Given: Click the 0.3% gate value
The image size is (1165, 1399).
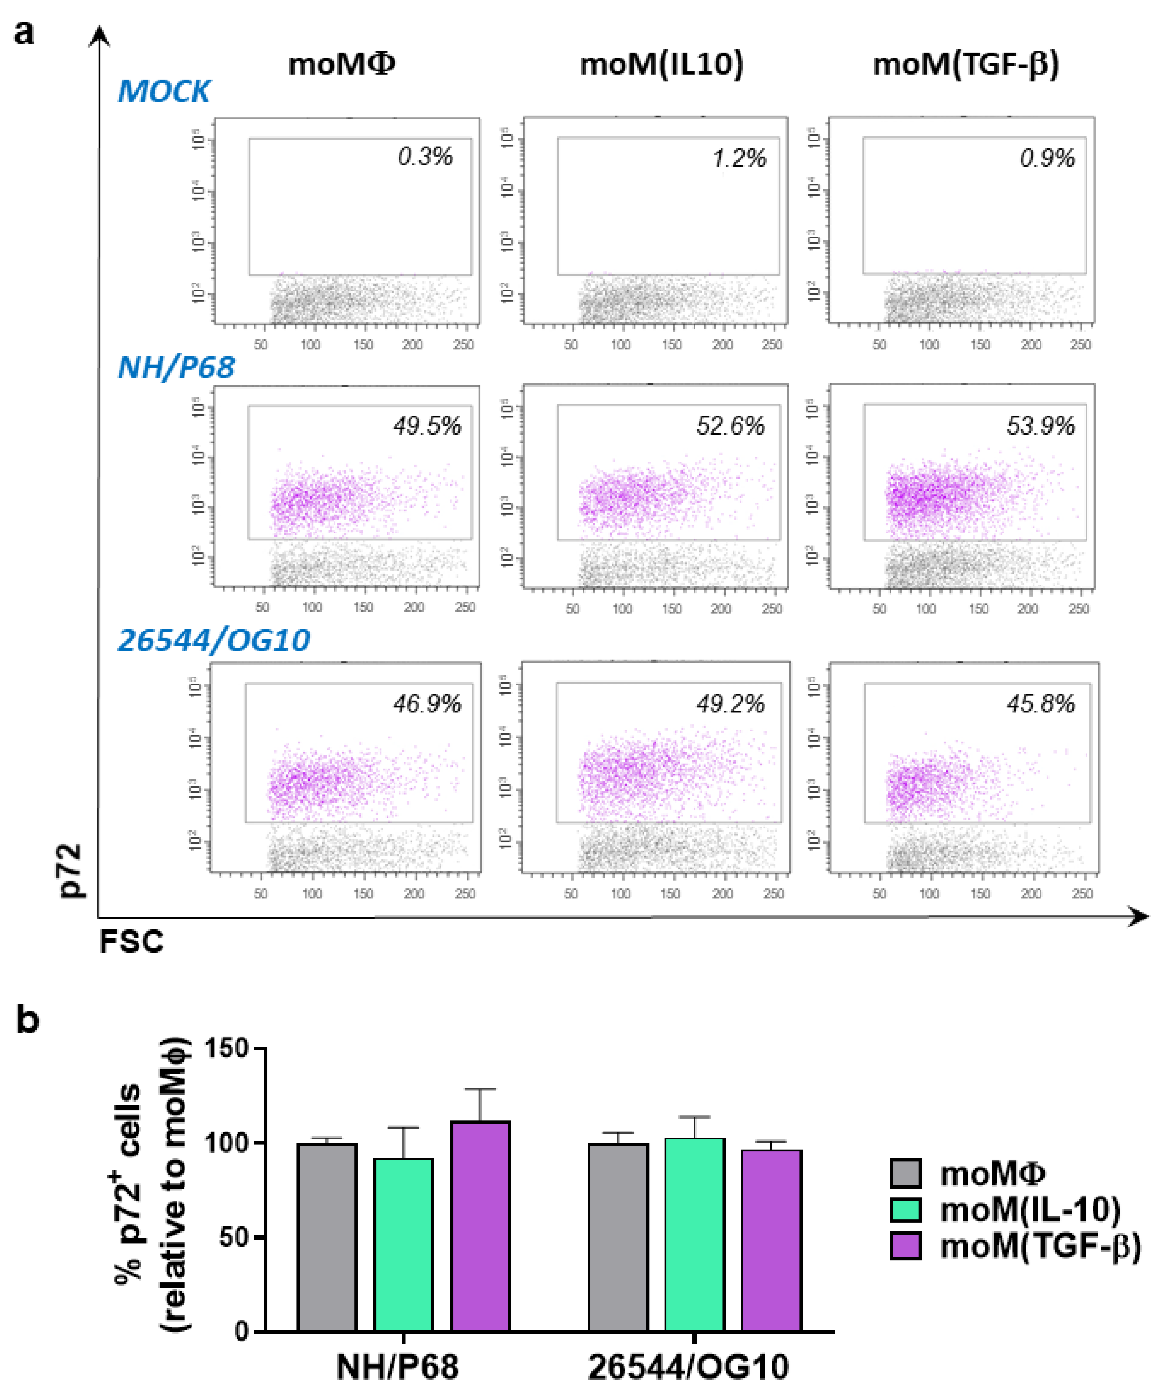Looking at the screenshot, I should click(425, 157).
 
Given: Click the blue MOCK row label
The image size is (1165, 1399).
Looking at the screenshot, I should click(164, 91).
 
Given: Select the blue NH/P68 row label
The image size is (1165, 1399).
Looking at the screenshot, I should click(177, 368).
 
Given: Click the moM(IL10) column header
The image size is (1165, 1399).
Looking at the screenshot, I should click(662, 65).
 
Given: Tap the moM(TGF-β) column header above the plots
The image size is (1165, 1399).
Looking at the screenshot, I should click(966, 65).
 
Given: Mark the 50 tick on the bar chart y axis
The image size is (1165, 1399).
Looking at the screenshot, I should click(233, 1237).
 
